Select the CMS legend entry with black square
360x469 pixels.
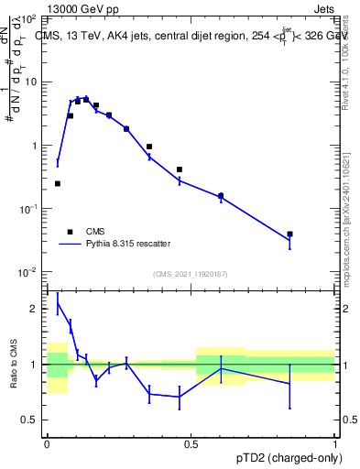(71, 232)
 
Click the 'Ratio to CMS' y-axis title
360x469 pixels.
(15, 365)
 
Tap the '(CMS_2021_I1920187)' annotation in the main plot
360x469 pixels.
(190, 274)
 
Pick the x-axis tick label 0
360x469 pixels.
(47, 442)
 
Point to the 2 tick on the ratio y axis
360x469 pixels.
(35, 310)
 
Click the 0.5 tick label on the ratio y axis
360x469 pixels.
(30, 420)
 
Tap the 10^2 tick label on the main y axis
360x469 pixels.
(29, 18)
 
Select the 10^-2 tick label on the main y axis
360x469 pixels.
(29, 272)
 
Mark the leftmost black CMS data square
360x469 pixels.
(58, 184)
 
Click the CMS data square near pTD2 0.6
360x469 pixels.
(221, 195)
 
